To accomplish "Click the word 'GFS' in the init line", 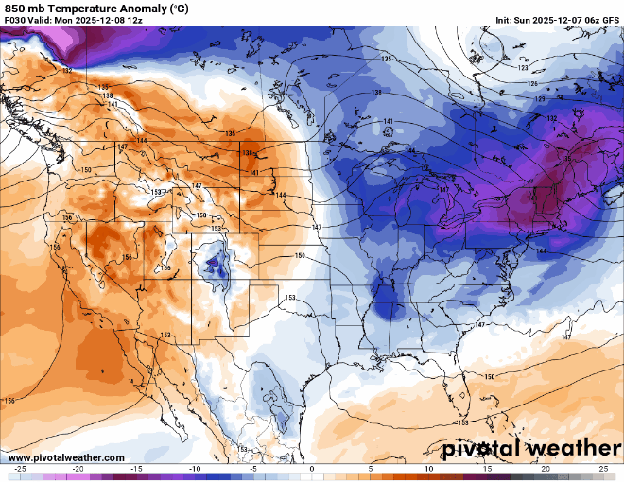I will pyautogui.click(x=610, y=20).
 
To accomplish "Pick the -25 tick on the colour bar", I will pyautogui.click(x=19, y=469).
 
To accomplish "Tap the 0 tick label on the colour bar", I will pyautogui.click(x=312, y=469).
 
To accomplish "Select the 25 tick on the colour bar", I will pyautogui.click(x=603, y=469).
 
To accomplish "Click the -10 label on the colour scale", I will pyautogui.click(x=195, y=469).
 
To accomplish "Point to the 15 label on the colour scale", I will pyautogui.click(x=487, y=469).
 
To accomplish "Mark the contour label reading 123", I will pyautogui.click(x=523, y=67).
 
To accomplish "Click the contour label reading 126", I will pyautogui.click(x=532, y=84).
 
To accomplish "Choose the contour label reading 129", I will pyautogui.click(x=540, y=99).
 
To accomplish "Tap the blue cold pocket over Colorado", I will pyautogui.click(x=215, y=263).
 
